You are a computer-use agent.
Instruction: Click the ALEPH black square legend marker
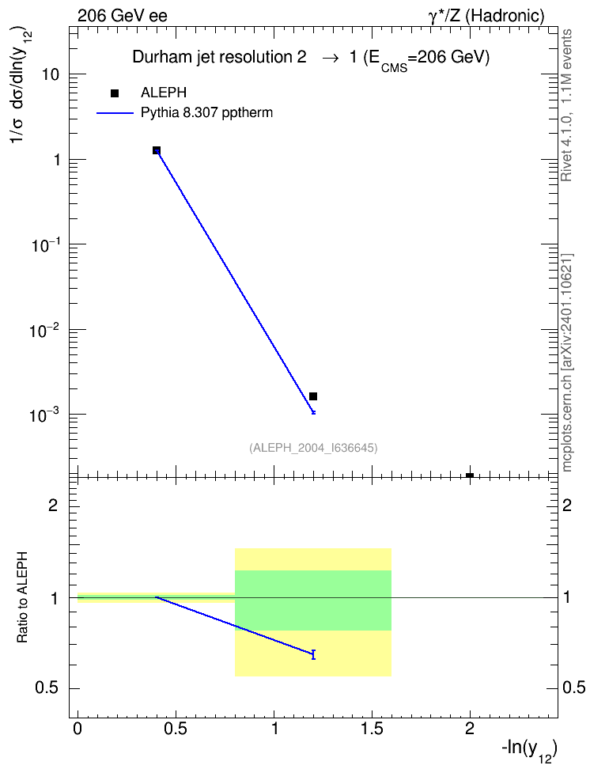[x=115, y=93]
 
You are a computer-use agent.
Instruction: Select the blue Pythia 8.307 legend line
[x=115, y=113]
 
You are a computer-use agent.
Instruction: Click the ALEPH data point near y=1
[x=157, y=150]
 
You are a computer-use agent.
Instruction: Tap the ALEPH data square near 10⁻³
[x=313, y=396]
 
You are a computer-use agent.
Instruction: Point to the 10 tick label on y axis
[x=51, y=74]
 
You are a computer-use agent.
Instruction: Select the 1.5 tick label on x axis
[x=372, y=729]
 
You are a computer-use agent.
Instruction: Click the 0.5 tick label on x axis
[x=176, y=729]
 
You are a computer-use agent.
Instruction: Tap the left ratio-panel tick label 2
[x=54, y=505]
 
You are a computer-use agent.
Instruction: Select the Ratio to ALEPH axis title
[x=23, y=597]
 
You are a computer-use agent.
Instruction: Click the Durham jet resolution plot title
[x=311, y=59]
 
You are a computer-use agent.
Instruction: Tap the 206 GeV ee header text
[x=122, y=16]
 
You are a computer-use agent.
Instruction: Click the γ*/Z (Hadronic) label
[x=486, y=16]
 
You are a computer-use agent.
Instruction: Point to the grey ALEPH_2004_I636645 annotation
[x=313, y=448]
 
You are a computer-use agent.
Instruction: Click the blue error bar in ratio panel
[x=313, y=654]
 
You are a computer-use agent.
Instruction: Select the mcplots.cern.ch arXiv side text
[x=567, y=363]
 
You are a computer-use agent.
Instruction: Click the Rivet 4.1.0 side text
[x=567, y=105]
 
